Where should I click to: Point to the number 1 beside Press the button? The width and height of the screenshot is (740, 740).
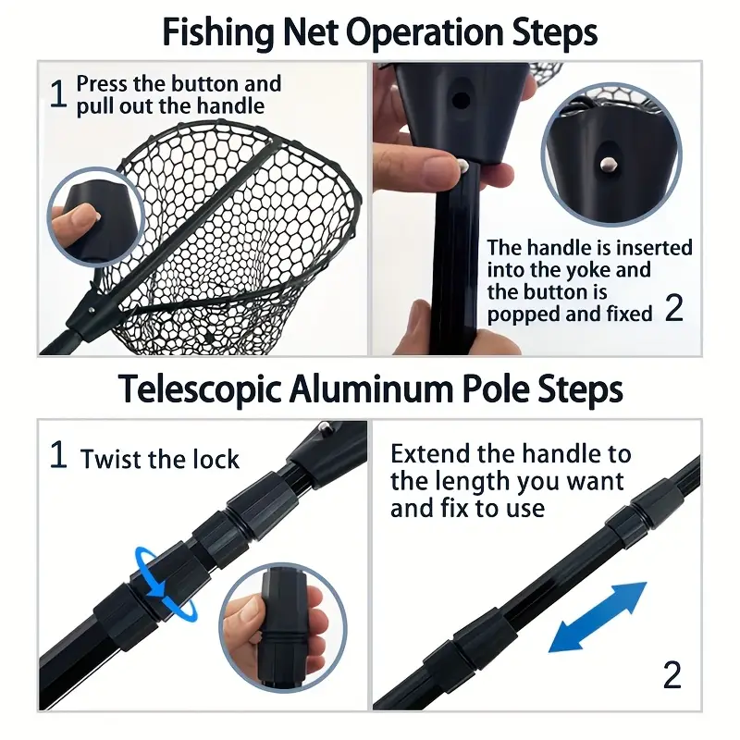coord(57,94)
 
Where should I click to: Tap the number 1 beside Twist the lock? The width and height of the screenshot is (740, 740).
coord(57,456)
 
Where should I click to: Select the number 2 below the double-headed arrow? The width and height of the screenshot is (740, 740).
coord(672,675)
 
